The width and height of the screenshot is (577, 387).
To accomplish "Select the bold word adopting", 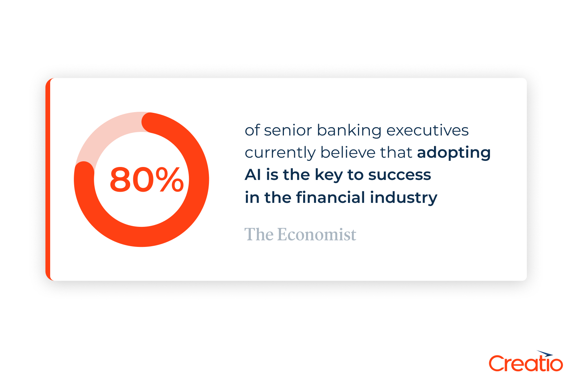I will click(454, 153).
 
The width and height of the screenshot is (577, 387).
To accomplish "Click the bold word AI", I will click(252, 175).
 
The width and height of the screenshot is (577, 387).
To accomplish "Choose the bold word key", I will click(329, 175).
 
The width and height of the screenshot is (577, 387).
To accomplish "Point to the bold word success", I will click(399, 175).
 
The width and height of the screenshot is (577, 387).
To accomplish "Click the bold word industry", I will click(404, 198).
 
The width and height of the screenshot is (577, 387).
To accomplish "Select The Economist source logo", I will click(300, 235).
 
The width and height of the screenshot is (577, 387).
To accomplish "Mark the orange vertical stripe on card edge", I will click(48, 179).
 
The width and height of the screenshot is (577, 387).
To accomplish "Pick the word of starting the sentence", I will click(252, 130).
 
